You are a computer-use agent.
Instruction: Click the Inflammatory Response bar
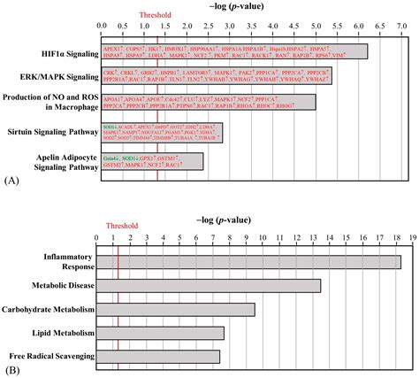(x=248, y=261)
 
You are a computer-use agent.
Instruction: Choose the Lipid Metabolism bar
(x=159, y=333)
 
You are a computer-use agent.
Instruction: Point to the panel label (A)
(x=11, y=180)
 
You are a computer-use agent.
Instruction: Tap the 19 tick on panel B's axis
(x=411, y=238)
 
